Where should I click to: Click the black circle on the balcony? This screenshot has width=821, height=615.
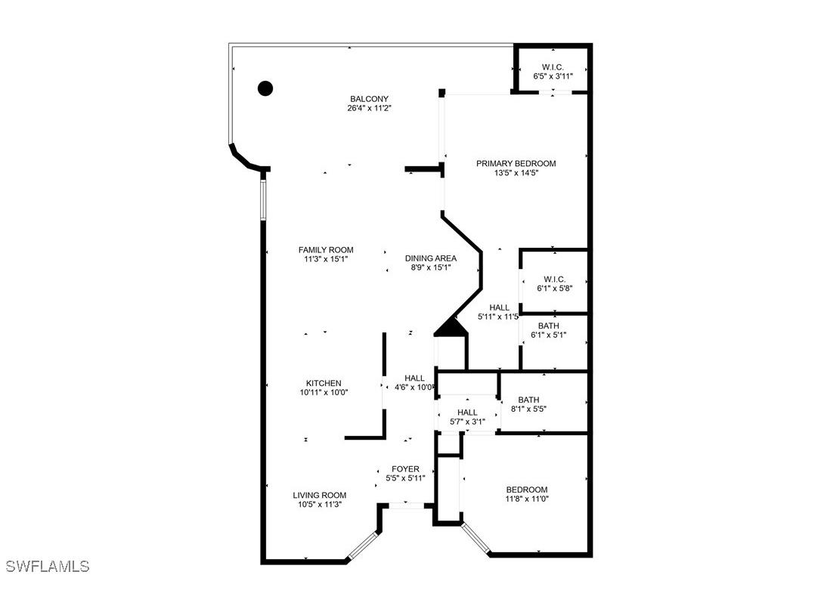pyautogui.click(x=265, y=88)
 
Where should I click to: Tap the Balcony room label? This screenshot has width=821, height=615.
pyautogui.click(x=369, y=99)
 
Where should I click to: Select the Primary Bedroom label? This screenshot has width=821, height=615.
pyautogui.click(x=516, y=163)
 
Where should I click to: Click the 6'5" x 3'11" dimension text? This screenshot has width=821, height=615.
pyautogui.click(x=553, y=77)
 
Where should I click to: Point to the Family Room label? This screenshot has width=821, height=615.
pyautogui.click(x=325, y=250)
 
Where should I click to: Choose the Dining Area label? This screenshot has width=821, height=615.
pyautogui.click(x=430, y=258)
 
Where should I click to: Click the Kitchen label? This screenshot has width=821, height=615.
pyautogui.click(x=323, y=383)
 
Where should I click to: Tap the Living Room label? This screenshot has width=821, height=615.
pyautogui.click(x=320, y=496)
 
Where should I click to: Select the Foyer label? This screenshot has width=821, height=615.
pyautogui.click(x=405, y=469)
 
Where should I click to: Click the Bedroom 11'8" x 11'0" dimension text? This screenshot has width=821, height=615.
pyautogui.click(x=526, y=499)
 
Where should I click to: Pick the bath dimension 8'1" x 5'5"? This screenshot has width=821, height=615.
pyautogui.click(x=528, y=409)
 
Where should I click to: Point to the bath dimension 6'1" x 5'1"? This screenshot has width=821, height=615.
pyautogui.click(x=548, y=335)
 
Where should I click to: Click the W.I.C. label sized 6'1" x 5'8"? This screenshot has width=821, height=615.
pyautogui.click(x=554, y=280)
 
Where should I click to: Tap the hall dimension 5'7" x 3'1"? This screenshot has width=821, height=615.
pyautogui.click(x=466, y=422)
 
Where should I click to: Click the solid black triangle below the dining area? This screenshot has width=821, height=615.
pyautogui.click(x=451, y=327)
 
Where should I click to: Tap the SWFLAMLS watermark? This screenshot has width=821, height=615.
pyautogui.click(x=47, y=566)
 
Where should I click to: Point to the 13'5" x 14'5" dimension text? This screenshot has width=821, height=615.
pyautogui.click(x=516, y=173)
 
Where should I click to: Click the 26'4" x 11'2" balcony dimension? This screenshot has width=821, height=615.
pyautogui.click(x=369, y=108)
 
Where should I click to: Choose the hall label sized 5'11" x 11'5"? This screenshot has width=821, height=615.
pyautogui.click(x=499, y=307)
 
